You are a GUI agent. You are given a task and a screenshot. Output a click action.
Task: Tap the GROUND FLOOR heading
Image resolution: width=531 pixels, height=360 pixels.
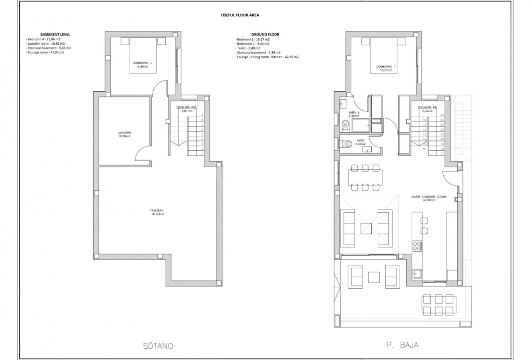tap(265, 35)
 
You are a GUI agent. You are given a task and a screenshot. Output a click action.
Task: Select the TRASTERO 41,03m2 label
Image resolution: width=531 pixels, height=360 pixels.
tap(157, 212)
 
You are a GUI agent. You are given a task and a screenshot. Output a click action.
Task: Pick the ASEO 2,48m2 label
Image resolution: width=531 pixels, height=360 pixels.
tap(360, 142)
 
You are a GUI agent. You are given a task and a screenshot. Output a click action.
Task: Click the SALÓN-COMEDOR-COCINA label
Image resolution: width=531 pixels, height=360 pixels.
tap(428, 197)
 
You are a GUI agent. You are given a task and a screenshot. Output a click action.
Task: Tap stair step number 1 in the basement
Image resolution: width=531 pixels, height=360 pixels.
tap(202, 153)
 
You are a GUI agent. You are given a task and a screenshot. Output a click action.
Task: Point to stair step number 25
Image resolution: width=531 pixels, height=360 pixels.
tap(442, 115)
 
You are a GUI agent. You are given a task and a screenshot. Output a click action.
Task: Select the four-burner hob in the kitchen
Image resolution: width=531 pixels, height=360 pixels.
tap(417, 245)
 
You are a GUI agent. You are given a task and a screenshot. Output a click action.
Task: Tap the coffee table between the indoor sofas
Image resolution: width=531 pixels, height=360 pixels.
tap(366, 228)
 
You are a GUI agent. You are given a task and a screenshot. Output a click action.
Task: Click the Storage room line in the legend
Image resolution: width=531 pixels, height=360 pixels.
tap(45, 52)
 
